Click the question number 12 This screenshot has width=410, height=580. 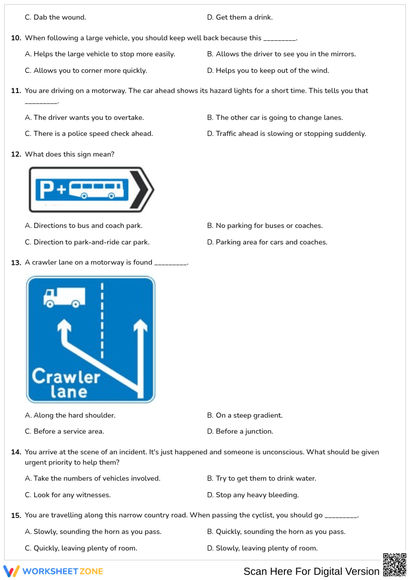point(16,155)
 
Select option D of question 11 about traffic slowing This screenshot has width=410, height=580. point(286,134)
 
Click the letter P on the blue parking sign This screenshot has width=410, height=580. point(47,190)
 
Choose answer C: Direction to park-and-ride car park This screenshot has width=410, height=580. point(87,242)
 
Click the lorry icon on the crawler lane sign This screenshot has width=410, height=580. point(64,297)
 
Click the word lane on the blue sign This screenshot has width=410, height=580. point(68,392)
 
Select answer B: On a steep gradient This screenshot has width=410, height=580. point(245,416)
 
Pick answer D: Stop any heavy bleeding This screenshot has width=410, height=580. point(253,495)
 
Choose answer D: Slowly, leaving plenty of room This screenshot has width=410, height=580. point(262,548)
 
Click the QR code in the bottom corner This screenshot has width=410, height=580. point(394,564)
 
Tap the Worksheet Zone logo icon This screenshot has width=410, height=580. point(11,571)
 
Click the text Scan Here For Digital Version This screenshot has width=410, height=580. point(311,571)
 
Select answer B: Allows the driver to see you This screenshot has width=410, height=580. point(281,54)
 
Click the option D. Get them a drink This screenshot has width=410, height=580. point(239,18)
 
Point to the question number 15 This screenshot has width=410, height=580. point(16,516)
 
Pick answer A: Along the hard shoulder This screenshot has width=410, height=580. point(70,416)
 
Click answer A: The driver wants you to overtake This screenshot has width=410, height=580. point(84,118)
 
